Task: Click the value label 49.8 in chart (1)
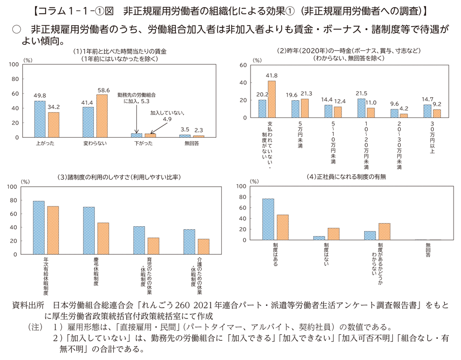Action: [40, 96]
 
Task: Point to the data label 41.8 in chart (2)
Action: [272, 76]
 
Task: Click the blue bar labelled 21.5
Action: [361, 108]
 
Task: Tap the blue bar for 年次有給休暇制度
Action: [39, 228]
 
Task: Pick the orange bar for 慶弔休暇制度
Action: [103, 239]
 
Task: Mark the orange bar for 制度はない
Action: [334, 234]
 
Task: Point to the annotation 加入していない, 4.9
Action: [168, 116]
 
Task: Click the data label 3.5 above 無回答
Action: [184, 129]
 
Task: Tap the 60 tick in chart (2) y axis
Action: [243, 65]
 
